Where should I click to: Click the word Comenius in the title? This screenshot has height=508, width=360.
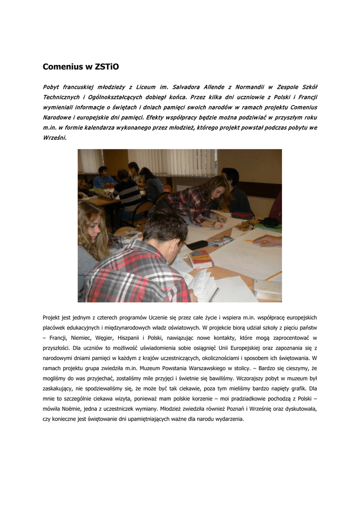click(x=62, y=66)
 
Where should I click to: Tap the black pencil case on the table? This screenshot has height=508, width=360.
click(x=197, y=245)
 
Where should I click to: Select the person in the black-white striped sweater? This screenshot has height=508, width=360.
click(x=128, y=191)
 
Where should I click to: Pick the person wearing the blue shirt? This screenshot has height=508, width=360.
click(x=103, y=180)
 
